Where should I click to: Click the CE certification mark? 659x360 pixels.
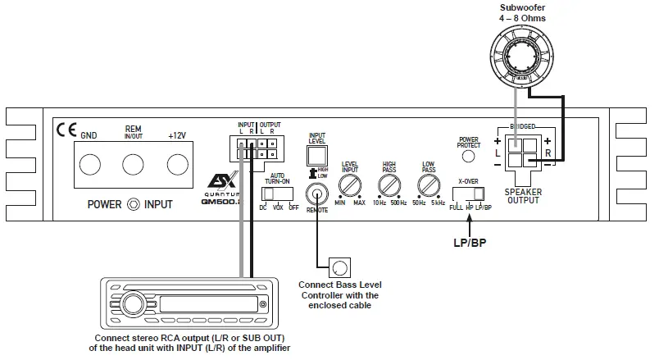tap(65, 129)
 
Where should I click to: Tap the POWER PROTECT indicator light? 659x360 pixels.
tap(469, 155)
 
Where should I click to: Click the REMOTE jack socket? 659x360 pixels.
tap(316, 194)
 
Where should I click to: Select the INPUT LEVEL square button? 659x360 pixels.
tap(316, 155)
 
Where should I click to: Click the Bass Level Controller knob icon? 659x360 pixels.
tap(338, 267)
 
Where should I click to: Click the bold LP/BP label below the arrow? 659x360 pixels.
tap(469, 243)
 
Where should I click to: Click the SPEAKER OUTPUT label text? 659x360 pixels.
tap(524, 195)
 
